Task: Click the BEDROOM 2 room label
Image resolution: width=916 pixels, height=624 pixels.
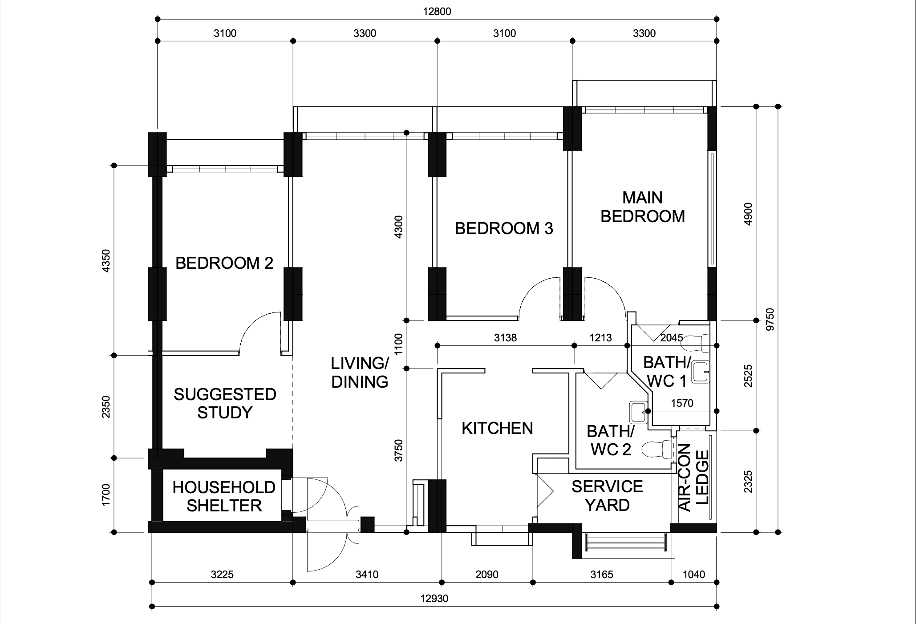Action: tap(224, 263)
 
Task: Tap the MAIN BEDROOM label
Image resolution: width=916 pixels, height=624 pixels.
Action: tap(643, 207)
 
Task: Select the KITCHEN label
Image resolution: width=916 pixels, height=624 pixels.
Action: tap(497, 428)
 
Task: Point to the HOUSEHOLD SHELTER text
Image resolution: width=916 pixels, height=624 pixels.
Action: tap(224, 496)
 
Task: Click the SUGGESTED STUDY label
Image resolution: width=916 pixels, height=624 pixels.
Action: tap(225, 403)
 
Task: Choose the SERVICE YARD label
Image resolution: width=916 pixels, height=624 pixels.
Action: tap(607, 496)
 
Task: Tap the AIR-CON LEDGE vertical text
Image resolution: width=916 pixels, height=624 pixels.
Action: tap(693, 477)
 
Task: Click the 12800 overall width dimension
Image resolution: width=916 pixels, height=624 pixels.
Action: tap(437, 12)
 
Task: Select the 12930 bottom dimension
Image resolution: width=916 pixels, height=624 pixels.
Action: tap(434, 599)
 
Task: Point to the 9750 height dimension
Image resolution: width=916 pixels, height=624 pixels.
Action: tap(770, 319)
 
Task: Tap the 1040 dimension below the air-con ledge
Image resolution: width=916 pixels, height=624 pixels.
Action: tap(694, 575)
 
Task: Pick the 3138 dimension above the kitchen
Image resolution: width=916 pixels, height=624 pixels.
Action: tap(506, 338)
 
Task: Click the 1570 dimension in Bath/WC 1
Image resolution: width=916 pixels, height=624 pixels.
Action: tap(682, 403)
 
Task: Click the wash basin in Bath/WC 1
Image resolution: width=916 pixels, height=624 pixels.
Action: tap(701, 372)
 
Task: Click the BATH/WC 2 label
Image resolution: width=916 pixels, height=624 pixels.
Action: tap(611, 440)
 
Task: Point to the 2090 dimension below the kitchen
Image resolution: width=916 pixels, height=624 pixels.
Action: tap(487, 575)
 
